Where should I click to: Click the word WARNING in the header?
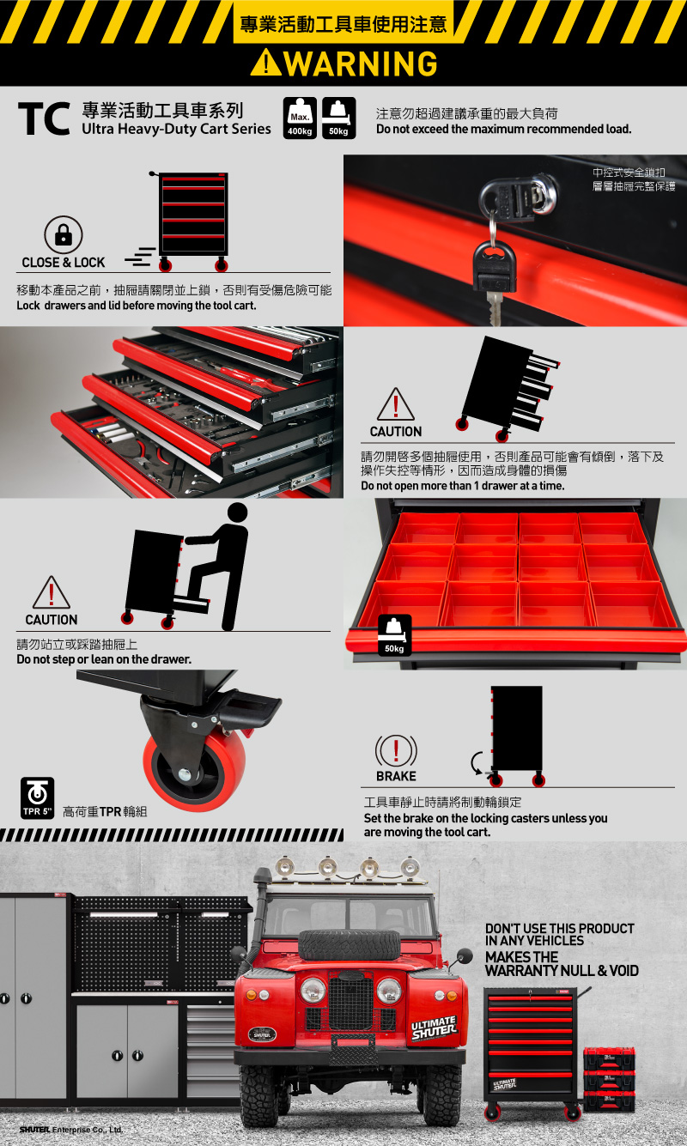click(361, 63)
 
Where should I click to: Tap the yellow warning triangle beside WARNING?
click(266, 63)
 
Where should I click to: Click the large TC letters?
click(44, 118)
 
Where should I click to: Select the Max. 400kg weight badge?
click(300, 118)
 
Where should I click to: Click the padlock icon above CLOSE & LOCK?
click(64, 235)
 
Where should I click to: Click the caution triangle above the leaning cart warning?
click(396, 404)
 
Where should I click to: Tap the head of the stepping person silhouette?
click(237, 512)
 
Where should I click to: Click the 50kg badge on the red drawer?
click(395, 635)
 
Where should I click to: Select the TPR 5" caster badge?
click(38, 798)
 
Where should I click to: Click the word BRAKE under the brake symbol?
click(396, 776)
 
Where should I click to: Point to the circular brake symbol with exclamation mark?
click(396, 751)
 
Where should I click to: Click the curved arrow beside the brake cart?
click(477, 763)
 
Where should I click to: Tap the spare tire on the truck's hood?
click(350, 945)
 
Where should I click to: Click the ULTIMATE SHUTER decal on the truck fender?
click(435, 1028)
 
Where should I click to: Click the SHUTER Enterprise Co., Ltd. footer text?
click(70, 1130)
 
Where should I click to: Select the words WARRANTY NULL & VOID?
click(562, 971)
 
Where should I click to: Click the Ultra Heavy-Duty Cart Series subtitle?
click(176, 129)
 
